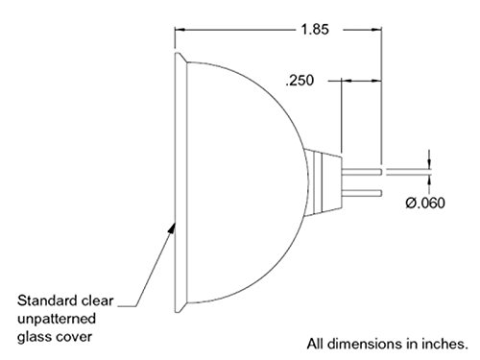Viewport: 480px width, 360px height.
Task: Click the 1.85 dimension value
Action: (x=315, y=30)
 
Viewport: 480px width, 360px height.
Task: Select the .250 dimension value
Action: (x=300, y=81)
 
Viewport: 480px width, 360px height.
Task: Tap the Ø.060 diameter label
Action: (x=425, y=203)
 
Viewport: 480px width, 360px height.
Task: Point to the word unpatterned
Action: (x=57, y=319)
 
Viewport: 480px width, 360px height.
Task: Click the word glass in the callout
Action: (x=34, y=337)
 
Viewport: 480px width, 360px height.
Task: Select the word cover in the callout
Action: (x=74, y=337)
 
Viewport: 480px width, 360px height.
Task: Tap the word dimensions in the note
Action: (x=365, y=344)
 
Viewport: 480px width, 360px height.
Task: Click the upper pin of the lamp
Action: (x=362, y=172)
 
